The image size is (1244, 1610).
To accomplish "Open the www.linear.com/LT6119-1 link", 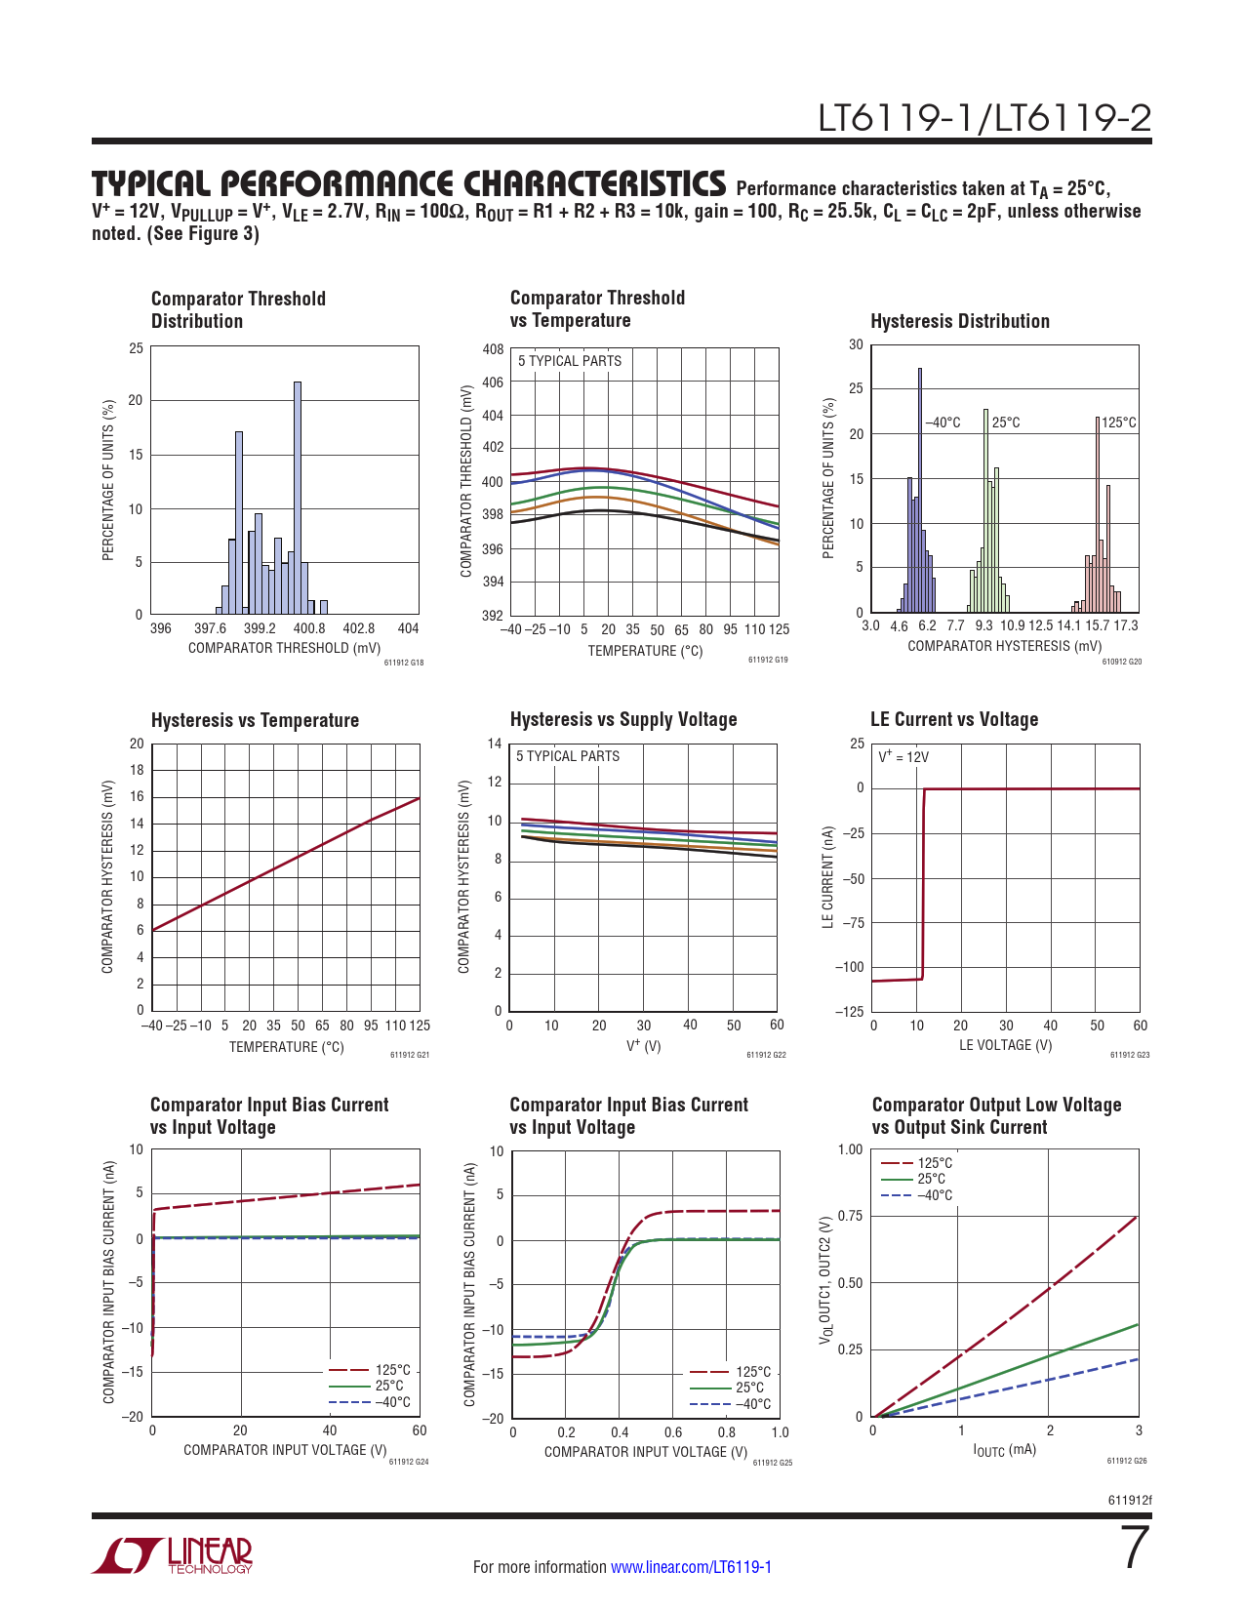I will (x=691, y=1567).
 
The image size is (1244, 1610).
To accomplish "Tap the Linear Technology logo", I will (x=173, y=1555).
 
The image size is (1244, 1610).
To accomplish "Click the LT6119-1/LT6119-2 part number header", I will (x=984, y=118).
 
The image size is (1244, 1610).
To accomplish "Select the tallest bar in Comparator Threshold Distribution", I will (x=298, y=498).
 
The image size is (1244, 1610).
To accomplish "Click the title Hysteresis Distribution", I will (x=959, y=321).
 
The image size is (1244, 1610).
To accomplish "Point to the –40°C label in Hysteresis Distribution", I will (x=943, y=423).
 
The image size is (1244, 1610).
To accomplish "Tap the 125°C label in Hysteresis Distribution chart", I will (x=1119, y=423).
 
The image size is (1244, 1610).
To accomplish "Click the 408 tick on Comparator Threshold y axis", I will (x=493, y=349).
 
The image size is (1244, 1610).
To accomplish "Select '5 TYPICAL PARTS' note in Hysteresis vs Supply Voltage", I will (x=568, y=756).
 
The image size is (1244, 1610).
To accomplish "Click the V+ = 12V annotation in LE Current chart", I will (x=903, y=757).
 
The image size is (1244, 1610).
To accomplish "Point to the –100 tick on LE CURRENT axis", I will (x=849, y=967).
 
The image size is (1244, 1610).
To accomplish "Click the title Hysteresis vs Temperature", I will (x=255, y=720).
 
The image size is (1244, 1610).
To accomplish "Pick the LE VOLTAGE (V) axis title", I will (x=1005, y=1045).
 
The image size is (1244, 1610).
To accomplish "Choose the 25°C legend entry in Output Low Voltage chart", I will (x=931, y=1179).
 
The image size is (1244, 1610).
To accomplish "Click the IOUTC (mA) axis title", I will (x=1004, y=1450).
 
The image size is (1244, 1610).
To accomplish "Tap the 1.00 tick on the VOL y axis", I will (x=850, y=1149).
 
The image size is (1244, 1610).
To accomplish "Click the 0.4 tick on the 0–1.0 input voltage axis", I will (x=620, y=1432).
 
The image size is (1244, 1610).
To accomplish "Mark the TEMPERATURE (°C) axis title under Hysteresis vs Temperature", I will (x=286, y=1047).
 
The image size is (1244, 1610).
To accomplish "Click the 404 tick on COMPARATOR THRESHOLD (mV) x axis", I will (x=409, y=629).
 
